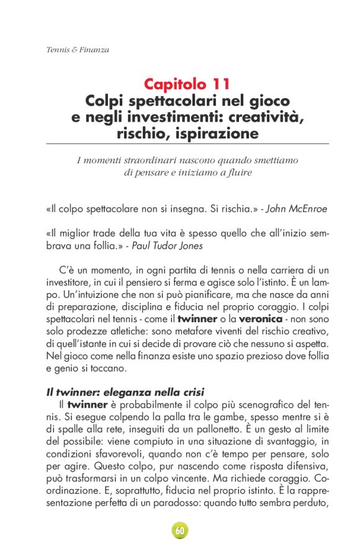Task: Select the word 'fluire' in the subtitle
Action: [240, 173]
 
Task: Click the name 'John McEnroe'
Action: [297, 210]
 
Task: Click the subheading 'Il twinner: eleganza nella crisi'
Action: [124, 392]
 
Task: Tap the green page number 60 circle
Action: [180, 531]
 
